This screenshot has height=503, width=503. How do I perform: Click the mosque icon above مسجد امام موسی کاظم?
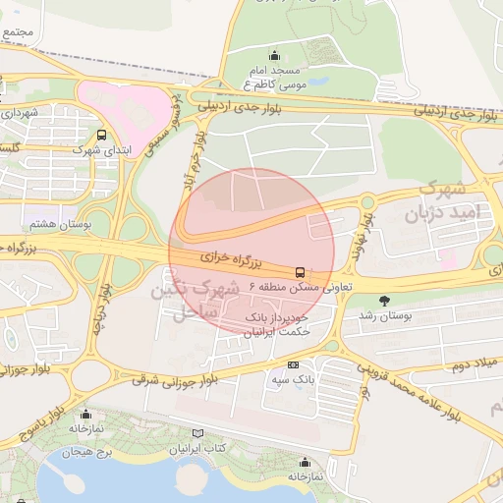coord(274,55)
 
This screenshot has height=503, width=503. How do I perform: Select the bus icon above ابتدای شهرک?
coord(102,136)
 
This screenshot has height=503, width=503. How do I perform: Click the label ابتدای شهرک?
coord(99,152)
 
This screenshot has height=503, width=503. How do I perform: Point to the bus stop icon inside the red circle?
coord(299,272)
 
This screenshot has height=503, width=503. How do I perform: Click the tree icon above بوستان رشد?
coord(383,301)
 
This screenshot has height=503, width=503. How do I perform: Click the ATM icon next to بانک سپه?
coord(293,364)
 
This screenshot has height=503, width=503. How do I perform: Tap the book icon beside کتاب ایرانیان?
coord(198,433)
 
